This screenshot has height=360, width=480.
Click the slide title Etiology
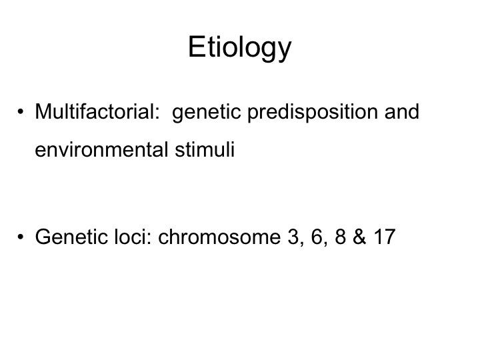[x=240, y=48]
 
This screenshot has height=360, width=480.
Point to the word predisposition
[x=313, y=113]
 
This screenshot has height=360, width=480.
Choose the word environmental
[x=101, y=150]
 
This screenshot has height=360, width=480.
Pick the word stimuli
[x=205, y=149]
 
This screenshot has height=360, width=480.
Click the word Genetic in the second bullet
[x=71, y=237]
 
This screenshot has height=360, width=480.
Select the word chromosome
[x=219, y=237]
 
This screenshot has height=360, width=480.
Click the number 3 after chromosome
[x=293, y=237]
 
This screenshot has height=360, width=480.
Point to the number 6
[x=317, y=237]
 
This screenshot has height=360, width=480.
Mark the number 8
[x=341, y=237]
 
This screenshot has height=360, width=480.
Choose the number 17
[x=385, y=237]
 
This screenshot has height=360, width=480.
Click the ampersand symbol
[x=359, y=237]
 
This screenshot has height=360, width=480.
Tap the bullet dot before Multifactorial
[x=21, y=111]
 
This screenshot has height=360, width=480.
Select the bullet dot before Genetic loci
[x=21, y=237]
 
